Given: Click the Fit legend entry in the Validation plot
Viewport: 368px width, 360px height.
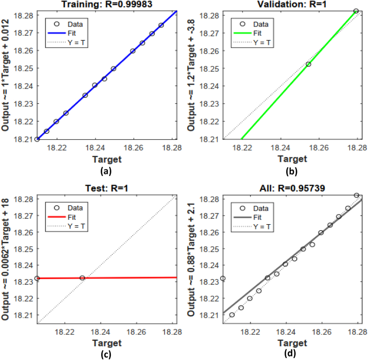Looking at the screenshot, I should coord(261,33).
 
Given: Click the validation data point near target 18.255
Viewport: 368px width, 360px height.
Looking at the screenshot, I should coord(308,64).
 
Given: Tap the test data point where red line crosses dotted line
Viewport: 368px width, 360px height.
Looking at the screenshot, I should coord(82,278).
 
